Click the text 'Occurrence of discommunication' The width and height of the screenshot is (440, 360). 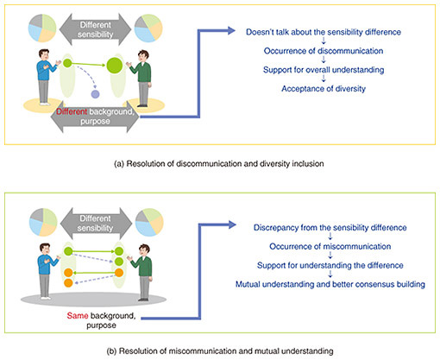point(324,51)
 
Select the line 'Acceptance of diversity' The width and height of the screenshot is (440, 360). point(324,89)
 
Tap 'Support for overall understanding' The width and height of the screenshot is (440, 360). point(324,70)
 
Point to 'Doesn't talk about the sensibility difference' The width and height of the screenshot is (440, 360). point(324,32)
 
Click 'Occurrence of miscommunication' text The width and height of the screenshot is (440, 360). point(330,247)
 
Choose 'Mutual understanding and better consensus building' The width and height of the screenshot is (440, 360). point(330,284)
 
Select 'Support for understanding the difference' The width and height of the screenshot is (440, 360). point(330,265)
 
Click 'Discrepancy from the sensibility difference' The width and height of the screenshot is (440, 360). point(330,228)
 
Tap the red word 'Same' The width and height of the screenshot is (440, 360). point(78,316)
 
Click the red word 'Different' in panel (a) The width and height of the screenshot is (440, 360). point(72,111)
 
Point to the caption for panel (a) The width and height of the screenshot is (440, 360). point(219,164)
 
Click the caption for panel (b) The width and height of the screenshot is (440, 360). point(220,351)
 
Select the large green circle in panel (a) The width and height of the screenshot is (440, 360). point(115,66)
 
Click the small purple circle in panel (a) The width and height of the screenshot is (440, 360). point(95,94)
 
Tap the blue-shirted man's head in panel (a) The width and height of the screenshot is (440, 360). point(44,54)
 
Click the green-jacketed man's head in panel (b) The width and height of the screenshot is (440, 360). point(144,249)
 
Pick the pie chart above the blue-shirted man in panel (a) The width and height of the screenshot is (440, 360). point(42,28)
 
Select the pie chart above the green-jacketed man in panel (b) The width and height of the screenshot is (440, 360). point(149,223)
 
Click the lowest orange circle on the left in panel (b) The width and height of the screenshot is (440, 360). point(68,282)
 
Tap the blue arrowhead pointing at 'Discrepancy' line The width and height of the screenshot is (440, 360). point(232,224)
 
